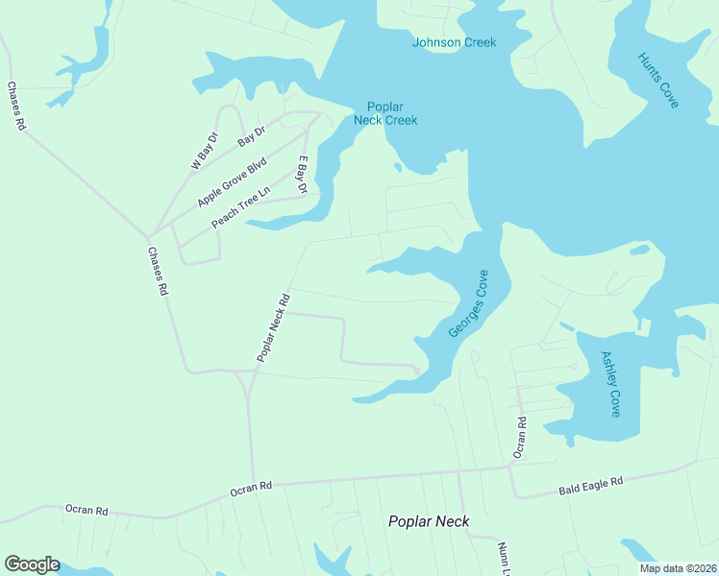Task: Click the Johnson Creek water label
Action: click(x=454, y=42)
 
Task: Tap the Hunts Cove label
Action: click(x=658, y=80)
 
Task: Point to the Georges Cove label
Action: click(x=469, y=302)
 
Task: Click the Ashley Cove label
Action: click(x=611, y=383)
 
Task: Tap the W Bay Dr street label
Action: click(x=205, y=151)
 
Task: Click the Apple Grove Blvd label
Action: click(x=231, y=183)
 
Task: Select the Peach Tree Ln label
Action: click(x=242, y=206)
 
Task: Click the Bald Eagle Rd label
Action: click(x=591, y=486)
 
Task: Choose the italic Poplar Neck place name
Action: click(x=429, y=521)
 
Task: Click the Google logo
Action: click(x=32, y=564)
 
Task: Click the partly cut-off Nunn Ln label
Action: click(x=503, y=558)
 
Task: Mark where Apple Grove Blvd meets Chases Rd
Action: click(x=148, y=235)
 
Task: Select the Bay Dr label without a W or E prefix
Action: click(x=251, y=136)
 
